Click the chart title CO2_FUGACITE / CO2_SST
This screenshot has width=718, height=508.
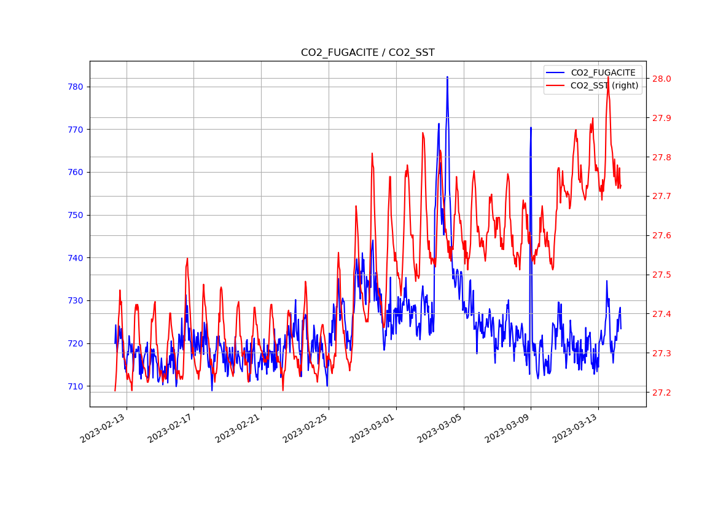tap(367, 53)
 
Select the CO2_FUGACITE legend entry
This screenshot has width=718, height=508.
tap(603, 72)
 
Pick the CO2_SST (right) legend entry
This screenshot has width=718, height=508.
tap(604, 85)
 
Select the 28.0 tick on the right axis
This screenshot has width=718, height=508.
tap(662, 79)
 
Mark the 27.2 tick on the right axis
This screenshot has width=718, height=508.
tap(662, 393)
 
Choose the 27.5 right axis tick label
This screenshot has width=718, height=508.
tap(662, 275)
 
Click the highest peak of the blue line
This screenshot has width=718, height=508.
tap(447, 77)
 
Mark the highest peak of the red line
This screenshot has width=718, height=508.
tap(608, 87)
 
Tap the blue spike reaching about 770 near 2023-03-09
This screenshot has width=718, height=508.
tap(531, 128)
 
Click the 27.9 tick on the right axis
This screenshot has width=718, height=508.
tap(662, 118)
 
